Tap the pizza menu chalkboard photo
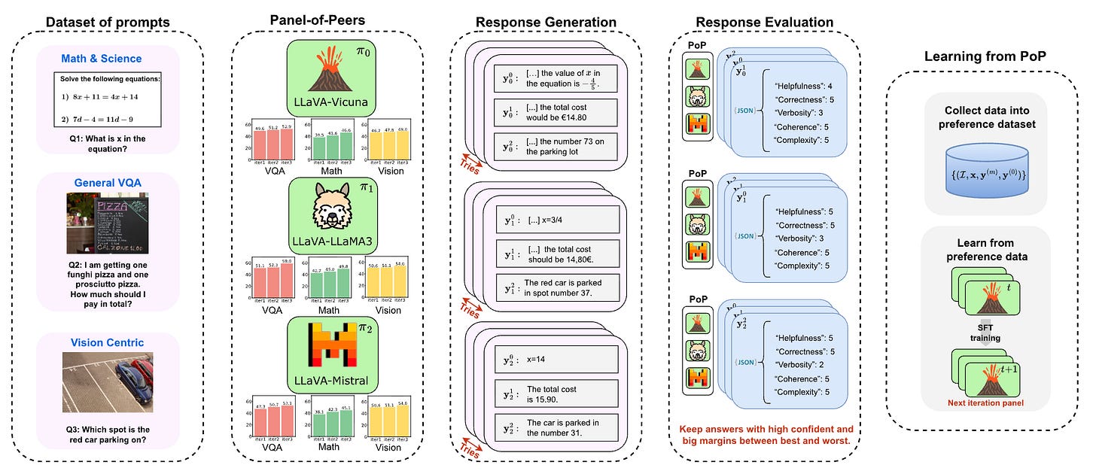[107, 223]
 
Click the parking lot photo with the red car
[107, 383]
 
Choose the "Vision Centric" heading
[107, 343]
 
